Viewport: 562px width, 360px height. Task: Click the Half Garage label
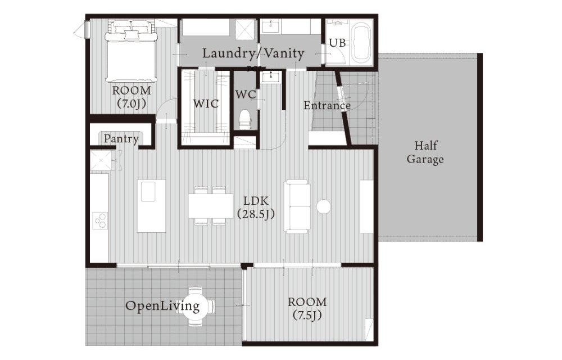[x=425, y=152]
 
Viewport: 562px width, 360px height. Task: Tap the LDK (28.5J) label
[x=256, y=207]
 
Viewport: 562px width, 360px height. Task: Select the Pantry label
[x=121, y=138]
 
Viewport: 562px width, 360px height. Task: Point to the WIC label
[x=206, y=103]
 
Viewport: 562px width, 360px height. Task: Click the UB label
[x=337, y=43]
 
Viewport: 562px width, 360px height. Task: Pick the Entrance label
[x=327, y=105]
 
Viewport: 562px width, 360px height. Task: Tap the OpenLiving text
[x=162, y=306]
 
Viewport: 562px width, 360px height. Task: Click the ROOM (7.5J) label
[x=307, y=308]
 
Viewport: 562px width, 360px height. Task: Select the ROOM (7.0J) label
[x=132, y=97]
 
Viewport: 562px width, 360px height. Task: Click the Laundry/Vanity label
[x=253, y=53]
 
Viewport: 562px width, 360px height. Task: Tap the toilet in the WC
[x=245, y=119]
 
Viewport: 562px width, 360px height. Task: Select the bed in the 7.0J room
[x=131, y=51]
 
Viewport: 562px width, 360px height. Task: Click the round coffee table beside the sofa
[x=324, y=206]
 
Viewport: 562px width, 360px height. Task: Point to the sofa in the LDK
[x=297, y=207]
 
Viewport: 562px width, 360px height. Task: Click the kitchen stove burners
[x=101, y=220]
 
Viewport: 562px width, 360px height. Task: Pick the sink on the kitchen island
[x=148, y=192]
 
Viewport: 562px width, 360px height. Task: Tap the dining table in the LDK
[x=211, y=206]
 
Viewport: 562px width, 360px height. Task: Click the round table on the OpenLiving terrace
[x=196, y=306]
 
